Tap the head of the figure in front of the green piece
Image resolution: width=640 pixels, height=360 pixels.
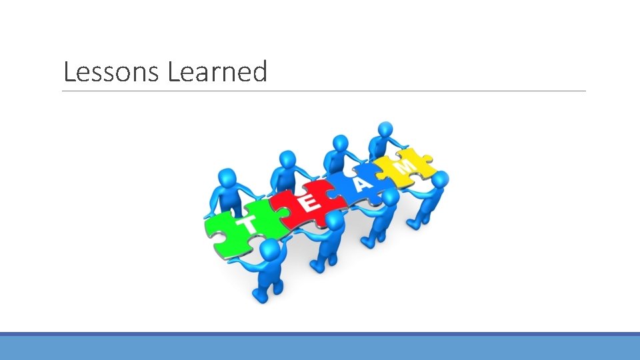click(x=269, y=251)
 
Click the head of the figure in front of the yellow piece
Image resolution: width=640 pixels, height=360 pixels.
click(x=439, y=179)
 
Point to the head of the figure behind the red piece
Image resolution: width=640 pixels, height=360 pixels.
click(x=288, y=159)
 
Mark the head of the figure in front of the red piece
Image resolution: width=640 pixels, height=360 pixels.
click(x=335, y=221)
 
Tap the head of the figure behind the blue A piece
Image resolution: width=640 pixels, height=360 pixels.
click(x=340, y=143)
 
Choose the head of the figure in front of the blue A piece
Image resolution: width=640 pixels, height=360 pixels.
click(x=391, y=197)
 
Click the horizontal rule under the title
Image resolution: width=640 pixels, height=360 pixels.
click(x=324, y=91)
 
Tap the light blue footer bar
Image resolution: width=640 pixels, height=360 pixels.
click(x=320, y=347)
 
